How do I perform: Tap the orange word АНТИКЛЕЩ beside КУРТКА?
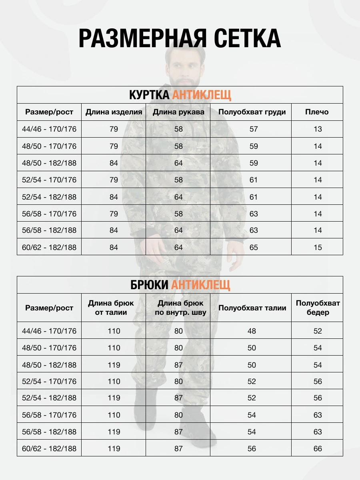click(202, 95)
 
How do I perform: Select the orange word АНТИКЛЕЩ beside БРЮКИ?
click(201, 285)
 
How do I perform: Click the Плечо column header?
click(317, 112)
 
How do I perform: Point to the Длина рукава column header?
click(178, 112)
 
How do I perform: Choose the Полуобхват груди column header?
click(252, 112)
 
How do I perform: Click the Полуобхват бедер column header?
click(318, 308)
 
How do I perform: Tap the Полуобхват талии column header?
click(252, 308)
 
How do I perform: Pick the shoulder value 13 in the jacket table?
click(318, 129)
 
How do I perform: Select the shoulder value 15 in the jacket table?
click(318, 247)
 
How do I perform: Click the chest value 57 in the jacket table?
click(254, 129)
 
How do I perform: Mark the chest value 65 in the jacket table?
click(254, 247)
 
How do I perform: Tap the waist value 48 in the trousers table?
click(252, 331)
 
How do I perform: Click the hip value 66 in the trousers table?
click(318, 449)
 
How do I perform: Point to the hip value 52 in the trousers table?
click(318, 331)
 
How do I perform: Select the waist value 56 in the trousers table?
click(252, 449)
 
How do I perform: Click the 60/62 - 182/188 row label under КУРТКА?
click(49, 247)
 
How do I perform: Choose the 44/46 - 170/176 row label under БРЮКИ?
click(49, 331)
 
